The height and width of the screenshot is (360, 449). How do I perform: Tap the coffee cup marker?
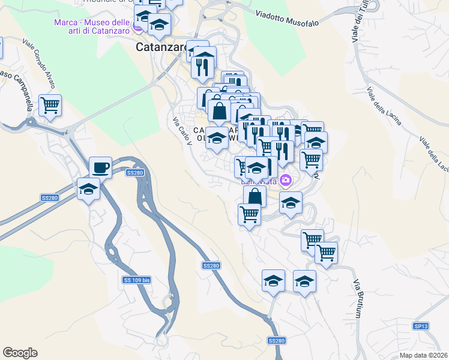pyautogui.click(x=100, y=167)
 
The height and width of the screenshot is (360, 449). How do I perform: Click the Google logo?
pyautogui.click(x=20, y=353)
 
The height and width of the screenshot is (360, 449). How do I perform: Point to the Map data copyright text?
pyautogui.click(x=423, y=355)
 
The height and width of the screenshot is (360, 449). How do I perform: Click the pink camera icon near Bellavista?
pyautogui.click(x=286, y=179)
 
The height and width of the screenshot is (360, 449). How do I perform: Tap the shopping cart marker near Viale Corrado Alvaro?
pyautogui.click(x=50, y=106)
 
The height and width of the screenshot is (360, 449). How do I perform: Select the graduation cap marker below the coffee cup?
pyautogui.click(x=89, y=190)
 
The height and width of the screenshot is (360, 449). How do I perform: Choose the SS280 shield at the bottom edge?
pyautogui.click(x=277, y=341)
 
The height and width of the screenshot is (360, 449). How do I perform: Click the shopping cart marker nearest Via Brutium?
pyautogui.click(x=326, y=253)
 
